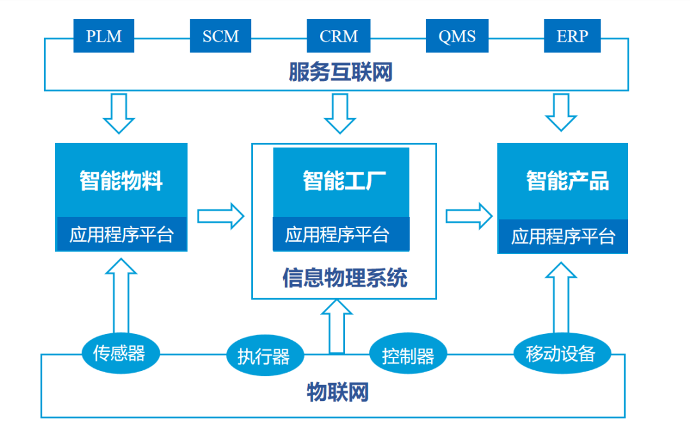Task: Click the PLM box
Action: point(104,36)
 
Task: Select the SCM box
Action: point(220,36)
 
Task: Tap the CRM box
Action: point(339,36)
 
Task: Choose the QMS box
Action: point(457,36)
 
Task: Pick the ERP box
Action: point(572,36)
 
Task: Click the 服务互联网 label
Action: point(341,72)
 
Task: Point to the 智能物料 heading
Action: point(121,181)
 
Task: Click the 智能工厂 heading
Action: point(344,181)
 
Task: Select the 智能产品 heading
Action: point(568,181)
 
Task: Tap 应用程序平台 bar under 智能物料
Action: point(122,234)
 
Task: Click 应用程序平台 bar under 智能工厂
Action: point(341,234)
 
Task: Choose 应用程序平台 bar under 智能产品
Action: point(563,236)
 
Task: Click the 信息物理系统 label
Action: point(344,278)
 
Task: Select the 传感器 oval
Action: point(121,353)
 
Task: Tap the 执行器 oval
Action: point(265,356)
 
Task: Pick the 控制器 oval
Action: point(408,354)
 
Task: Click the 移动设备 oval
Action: point(562,353)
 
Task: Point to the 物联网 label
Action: point(337,392)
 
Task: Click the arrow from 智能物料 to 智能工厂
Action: point(221,216)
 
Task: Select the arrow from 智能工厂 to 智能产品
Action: point(469,216)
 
